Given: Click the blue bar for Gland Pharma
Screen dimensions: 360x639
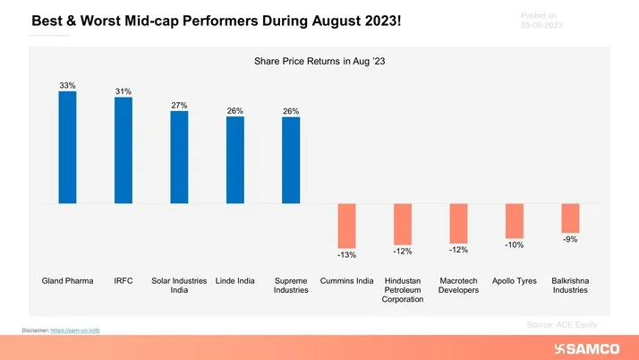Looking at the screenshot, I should click(67, 148).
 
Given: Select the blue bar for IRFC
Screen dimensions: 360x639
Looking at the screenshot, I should click(124, 150).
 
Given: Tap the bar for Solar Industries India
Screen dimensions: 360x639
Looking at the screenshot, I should click(179, 158).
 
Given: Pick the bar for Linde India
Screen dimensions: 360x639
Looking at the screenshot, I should click(235, 159).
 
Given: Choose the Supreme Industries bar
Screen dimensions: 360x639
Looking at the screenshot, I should click(291, 159).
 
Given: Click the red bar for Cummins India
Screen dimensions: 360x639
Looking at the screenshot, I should click(346, 226).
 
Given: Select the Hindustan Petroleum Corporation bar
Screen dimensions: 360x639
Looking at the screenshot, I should click(403, 224).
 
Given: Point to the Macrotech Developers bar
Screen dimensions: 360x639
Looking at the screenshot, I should click(458, 224).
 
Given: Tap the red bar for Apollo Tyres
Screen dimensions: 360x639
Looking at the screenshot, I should click(515, 220).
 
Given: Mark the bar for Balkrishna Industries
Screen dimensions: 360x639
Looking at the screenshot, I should click(570, 219).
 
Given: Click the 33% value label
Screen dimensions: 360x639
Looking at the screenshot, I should click(67, 86).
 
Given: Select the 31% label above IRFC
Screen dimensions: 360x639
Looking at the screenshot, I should click(124, 91).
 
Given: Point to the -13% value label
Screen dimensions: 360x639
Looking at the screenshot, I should click(346, 255).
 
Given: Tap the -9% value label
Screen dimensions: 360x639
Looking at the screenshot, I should click(570, 239).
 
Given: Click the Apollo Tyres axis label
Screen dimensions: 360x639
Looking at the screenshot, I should click(515, 281).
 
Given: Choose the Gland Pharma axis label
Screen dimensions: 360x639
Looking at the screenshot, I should click(67, 281).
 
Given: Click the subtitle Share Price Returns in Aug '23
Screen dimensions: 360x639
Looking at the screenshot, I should click(319, 61).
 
